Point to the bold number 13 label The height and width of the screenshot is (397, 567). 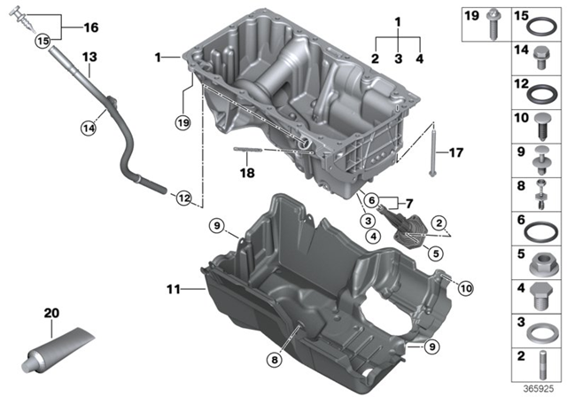click(89, 57)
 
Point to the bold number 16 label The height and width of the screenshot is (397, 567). click(90, 27)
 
